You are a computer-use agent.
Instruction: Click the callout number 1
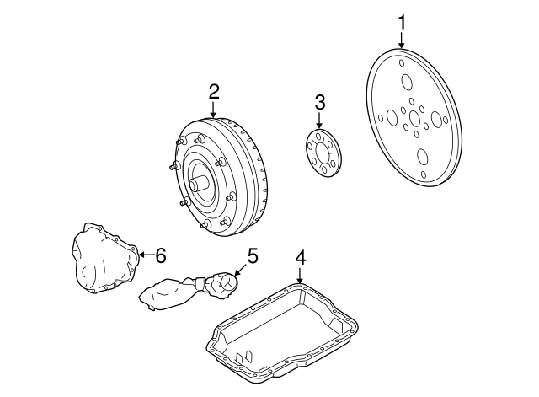[x=402, y=19]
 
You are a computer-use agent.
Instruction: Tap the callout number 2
[x=214, y=91]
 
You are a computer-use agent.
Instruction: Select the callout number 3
[x=320, y=103]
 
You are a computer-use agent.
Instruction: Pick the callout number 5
[x=251, y=253]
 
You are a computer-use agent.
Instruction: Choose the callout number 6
[x=161, y=253]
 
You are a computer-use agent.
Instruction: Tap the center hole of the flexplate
[x=414, y=120]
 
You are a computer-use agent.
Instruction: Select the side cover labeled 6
[x=102, y=261]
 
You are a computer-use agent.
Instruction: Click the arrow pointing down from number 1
[x=402, y=41]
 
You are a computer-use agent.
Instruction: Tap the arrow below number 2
[x=214, y=110]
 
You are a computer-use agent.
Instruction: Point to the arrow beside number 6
[x=144, y=253]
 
